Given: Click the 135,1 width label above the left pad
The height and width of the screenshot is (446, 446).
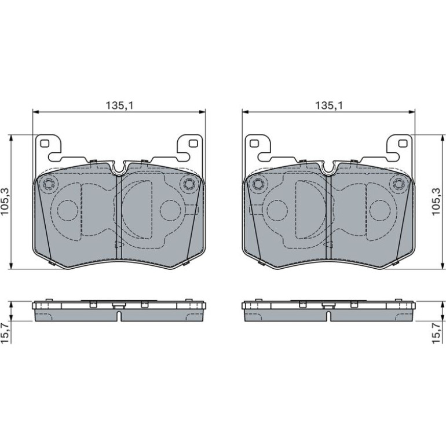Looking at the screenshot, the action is pyautogui.click(x=119, y=105).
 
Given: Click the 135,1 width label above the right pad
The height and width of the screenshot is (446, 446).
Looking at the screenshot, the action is pyautogui.click(x=329, y=105).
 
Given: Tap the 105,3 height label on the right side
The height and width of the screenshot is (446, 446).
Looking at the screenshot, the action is pyautogui.click(x=436, y=202).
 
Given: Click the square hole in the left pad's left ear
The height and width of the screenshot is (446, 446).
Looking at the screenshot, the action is pyautogui.click(x=45, y=144).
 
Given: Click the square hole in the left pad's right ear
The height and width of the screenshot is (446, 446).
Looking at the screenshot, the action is pyautogui.click(x=193, y=144).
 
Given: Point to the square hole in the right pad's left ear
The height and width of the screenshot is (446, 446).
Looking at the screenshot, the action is pyautogui.click(x=254, y=144).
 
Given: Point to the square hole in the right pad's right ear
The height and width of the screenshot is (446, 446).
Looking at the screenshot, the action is pyautogui.click(x=403, y=144).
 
